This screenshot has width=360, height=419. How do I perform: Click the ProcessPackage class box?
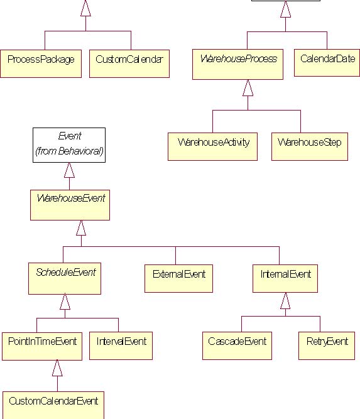pyautogui.click(x=41, y=63)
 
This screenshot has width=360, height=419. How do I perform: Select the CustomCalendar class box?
pyautogui.click(x=129, y=63)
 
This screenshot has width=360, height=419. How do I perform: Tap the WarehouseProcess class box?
pyautogui.click(x=237, y=64)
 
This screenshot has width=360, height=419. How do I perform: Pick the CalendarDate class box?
pyautogui.click(x=327, y=63)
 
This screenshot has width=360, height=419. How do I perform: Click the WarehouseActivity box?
pyautogui.click(x=212, y=146)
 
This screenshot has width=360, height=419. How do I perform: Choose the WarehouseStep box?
pyautogui.click(x=310, y=146)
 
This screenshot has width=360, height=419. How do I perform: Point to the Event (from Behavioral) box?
pyautogui.click(x=69, y=145)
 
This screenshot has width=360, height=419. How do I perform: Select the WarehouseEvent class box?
pyautogui.click(x=70, y=205)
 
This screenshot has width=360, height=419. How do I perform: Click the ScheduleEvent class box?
pyautogui.click(x=65, y=278)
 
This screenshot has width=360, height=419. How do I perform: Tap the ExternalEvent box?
pyautogui.click(x=178, y=278)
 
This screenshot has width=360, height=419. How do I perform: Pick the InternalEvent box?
pyautogui.click(x=285, y=278)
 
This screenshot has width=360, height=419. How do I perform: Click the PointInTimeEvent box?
pyautogui.click(x=42, y=346)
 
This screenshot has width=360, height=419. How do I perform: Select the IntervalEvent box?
pyautogui.click(x=121, y=346)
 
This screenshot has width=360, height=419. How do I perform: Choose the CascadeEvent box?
pyautogui.click(x=237, y=346)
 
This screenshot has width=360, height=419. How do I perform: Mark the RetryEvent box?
pyautogui.click(x=327, y=346)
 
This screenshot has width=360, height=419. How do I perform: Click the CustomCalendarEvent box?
pyautogui.click(x=53, y=405)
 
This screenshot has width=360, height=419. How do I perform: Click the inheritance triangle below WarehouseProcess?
pyautogui.click(x=248, y=88)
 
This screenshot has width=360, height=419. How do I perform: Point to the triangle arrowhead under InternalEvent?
pyautogui.click(x=285, y=301)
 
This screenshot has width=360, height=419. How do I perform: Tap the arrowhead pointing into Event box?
pyautogui.click(x=69, y=170)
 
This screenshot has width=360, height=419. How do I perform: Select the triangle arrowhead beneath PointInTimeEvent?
pyautogui.click(x=57, y=368)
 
